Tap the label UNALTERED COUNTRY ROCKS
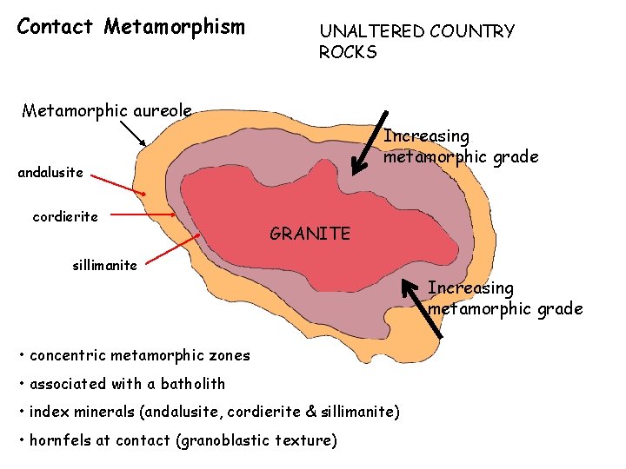coord(416,42)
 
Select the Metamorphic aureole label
coord(106,110)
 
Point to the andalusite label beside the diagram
coord(50,172)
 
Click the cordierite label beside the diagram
coord(65,216)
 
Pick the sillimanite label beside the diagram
coord(104,265)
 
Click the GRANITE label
coord(310,233)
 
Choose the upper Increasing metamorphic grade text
coord(461,147)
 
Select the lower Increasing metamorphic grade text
coord(504,298)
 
